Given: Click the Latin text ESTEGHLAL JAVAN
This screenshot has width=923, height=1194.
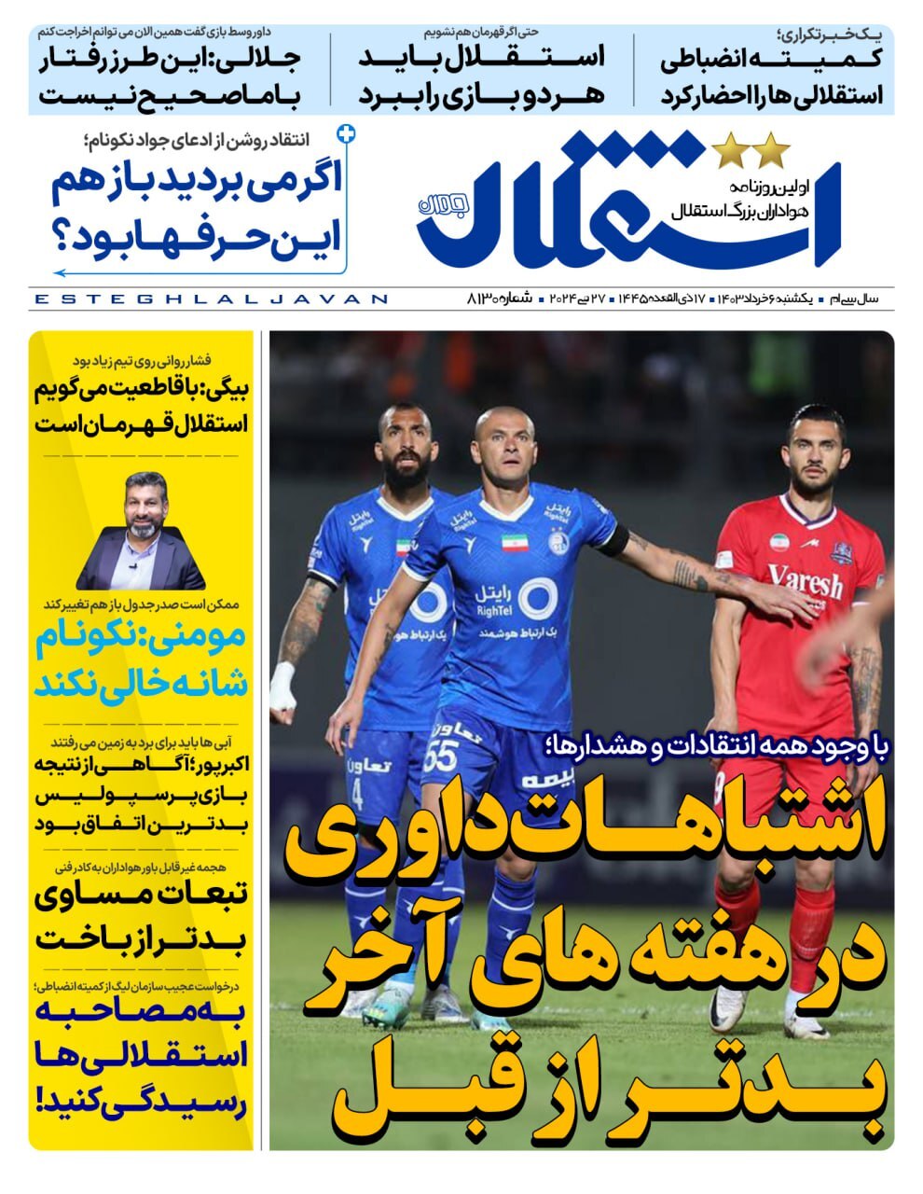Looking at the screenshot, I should point(210,299).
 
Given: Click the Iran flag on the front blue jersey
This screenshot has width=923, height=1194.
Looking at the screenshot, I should point(515,542).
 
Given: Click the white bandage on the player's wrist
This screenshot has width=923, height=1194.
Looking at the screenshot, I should point(282,686).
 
